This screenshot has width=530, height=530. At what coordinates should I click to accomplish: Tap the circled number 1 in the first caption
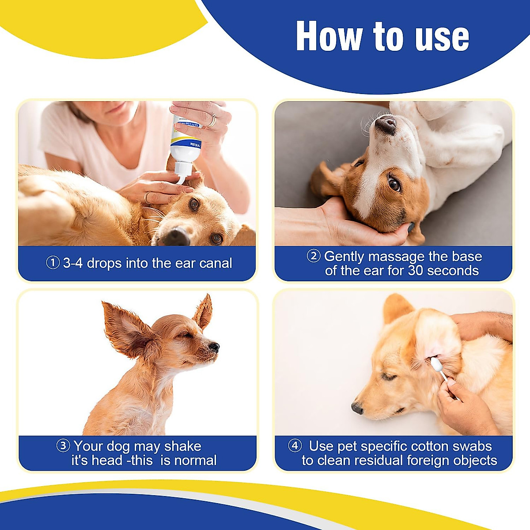[53, 263]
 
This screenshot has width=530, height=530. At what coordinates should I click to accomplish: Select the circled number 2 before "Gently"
[313, 256]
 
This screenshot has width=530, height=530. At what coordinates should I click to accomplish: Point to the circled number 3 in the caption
[63, 446]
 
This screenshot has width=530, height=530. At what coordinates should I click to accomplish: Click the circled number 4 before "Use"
[295, 446]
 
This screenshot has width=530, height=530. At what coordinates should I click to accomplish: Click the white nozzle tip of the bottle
[181, 179]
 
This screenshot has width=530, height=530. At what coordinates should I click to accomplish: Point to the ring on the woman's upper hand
[212, 120]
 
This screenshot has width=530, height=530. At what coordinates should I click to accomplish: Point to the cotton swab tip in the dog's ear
[435, 364]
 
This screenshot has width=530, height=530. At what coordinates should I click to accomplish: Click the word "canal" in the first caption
[216, 263]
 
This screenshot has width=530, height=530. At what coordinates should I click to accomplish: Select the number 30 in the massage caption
[416, 270]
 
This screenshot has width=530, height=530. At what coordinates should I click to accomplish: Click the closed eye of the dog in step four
[389, 376]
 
